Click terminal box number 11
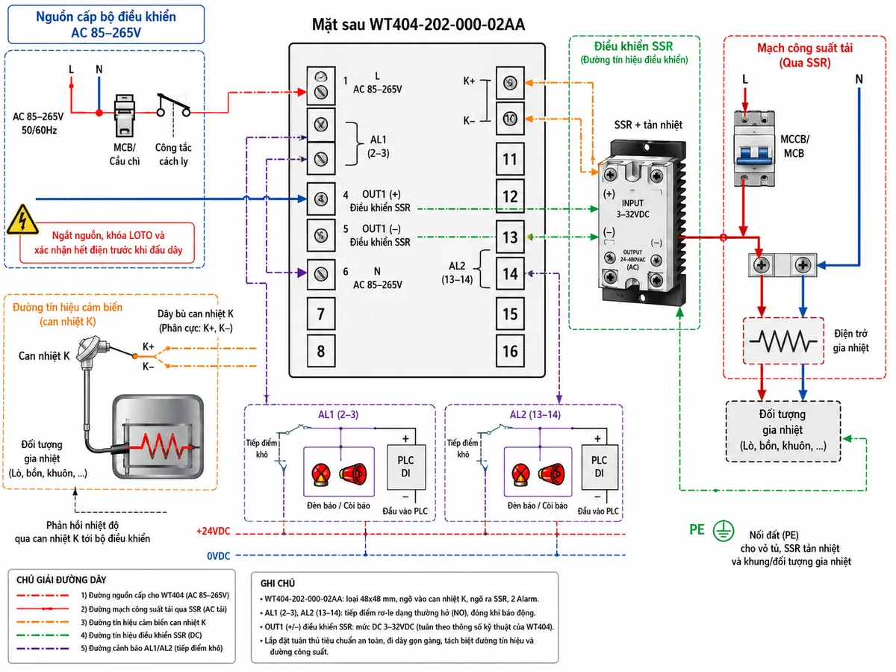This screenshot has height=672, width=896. [x=510, y=159]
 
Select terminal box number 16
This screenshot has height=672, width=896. [x=510, y=351]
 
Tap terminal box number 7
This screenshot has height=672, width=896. [x=321, y=314]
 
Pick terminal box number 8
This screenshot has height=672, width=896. [x=321, y=351]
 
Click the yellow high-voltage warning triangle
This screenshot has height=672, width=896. [x=23, y=220]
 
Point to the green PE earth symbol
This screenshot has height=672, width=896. [x=723, y=531]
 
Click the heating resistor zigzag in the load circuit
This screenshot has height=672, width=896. [x=783, y=340]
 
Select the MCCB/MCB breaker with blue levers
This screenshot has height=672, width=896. [x=753, y=149]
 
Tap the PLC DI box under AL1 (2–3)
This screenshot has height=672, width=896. [x=405, y=467]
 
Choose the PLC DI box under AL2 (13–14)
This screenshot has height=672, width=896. [x=599, y=467]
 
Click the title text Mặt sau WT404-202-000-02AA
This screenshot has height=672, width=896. [x=418, y=25]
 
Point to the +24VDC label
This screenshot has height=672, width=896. [x=213, y=531]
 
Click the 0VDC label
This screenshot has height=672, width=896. [x=218, y=556]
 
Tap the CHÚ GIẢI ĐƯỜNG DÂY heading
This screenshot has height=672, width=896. [x=61, y=580]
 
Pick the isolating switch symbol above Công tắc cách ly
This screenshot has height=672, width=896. [x=174, y=105]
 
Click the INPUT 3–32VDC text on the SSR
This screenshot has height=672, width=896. [x=632, y=208]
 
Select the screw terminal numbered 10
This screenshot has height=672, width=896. [x=510, y=119]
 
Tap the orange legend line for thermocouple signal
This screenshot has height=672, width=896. [x=43, y=622]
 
